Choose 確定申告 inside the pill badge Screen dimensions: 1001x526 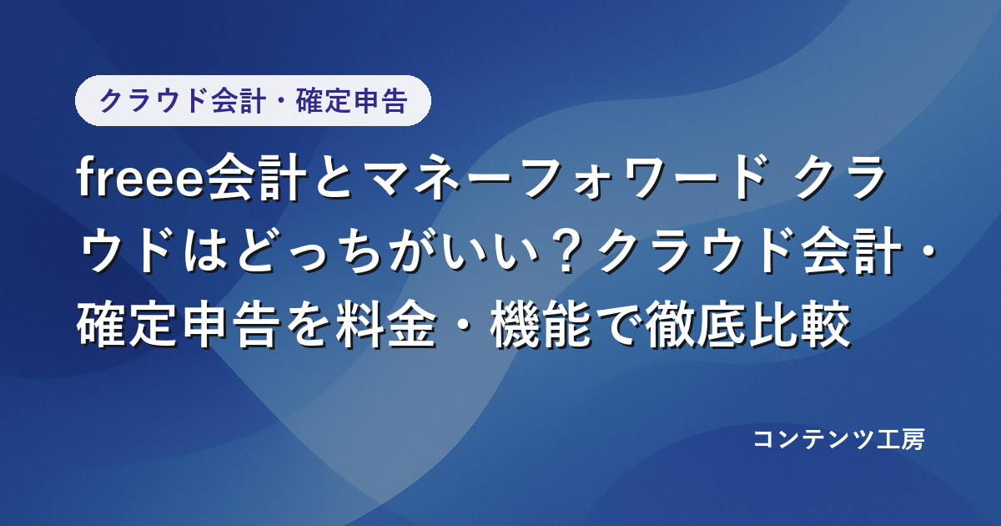coord(351,101)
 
